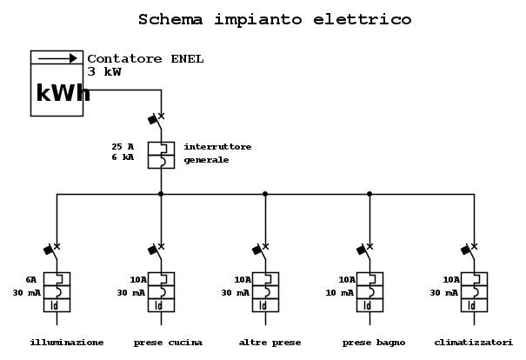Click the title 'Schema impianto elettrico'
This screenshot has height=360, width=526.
point(275,19)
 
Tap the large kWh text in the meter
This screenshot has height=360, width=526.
point(63,92)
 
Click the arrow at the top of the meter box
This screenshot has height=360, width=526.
point(57,58)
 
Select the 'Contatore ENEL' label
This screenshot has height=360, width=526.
point(145,59)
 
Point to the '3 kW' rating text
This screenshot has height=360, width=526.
point(104,71)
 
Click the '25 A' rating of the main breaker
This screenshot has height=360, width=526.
point(123,147)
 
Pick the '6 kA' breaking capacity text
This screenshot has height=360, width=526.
point(123,157)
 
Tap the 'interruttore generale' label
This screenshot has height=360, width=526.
point(217,153)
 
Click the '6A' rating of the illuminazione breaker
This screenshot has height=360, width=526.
point(30,279)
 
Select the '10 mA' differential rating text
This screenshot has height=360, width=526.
point(339,293)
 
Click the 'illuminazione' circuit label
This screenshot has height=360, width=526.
point(67,343)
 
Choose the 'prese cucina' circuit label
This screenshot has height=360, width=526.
point(168,343)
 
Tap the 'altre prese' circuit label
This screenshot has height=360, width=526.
point(270,343)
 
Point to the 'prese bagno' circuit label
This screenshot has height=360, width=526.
point(374,343)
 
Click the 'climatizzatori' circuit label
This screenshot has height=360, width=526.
point(473,343)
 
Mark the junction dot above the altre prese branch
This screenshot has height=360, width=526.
point(265,194)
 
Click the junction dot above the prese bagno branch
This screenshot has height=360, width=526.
point(370,194)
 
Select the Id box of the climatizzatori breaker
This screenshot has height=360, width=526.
point(474,305)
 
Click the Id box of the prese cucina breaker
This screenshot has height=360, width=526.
point(161,305)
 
